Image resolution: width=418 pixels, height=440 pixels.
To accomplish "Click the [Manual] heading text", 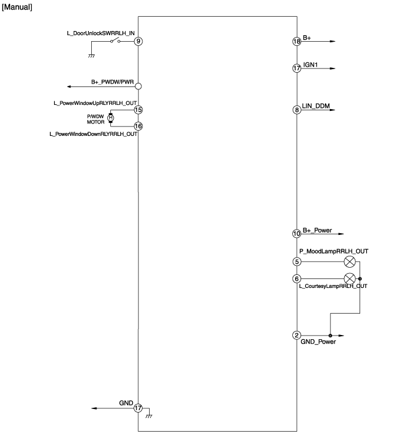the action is pos(17,7).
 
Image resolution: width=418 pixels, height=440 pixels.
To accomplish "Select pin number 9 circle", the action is pos(138,41).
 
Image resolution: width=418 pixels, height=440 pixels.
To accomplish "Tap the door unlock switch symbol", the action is pos(115,41).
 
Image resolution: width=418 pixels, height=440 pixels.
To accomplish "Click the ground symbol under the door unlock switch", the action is pos(91,56).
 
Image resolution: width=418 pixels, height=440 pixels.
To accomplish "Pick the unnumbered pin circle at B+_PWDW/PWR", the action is pos(138,86).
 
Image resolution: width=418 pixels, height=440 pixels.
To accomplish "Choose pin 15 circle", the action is pos(138,110).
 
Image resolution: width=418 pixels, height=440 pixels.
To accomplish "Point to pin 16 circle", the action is pos(138,126).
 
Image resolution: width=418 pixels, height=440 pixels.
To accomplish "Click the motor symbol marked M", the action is pos(110,118).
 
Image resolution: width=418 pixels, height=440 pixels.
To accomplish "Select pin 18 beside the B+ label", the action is pos(297,42).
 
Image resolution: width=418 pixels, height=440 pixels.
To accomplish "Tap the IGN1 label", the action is pos(310,65).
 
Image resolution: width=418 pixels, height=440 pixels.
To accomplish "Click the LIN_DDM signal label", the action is pos(316,106).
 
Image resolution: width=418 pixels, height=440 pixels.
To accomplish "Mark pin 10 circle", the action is pos(297,234).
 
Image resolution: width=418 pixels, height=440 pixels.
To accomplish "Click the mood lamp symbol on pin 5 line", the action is pos(349,262).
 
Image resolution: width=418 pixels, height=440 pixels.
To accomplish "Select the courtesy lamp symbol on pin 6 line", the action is pos(349,278).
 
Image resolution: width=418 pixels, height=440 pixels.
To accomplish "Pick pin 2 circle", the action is pos(297,335).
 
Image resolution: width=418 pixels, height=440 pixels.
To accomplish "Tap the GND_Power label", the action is pos(318,342).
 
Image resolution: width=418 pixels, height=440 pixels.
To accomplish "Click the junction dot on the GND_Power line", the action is pos(330,336).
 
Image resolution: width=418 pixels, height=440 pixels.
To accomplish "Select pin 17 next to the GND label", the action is pos(138,408).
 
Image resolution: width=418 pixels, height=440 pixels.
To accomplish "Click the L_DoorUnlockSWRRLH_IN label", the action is pos(101,33).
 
